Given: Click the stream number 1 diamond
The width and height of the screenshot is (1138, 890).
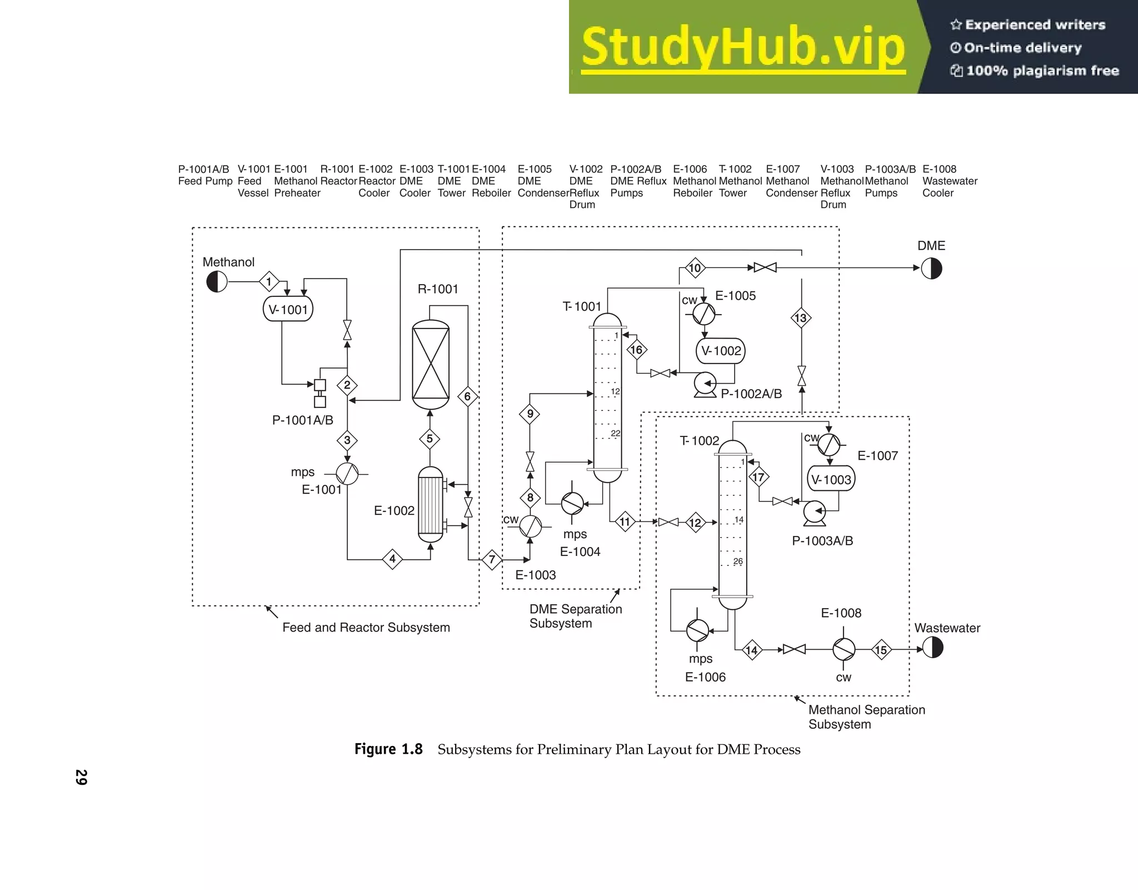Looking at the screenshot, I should (269, 282).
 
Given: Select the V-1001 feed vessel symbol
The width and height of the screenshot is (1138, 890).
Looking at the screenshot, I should (288, 309).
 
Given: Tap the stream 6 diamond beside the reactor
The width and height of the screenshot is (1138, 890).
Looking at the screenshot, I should (467, 396).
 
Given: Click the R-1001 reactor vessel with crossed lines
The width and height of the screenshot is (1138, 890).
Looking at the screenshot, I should (431, 364).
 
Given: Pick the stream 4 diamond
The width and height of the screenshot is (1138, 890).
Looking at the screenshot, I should (392, 559).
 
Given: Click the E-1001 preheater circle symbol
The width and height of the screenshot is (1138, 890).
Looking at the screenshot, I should (347, 474).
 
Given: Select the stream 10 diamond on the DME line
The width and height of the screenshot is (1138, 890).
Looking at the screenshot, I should (695, 268).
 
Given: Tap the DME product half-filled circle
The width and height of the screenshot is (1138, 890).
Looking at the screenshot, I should (931, 269).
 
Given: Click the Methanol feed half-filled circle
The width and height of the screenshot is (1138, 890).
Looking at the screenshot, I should (217, 282).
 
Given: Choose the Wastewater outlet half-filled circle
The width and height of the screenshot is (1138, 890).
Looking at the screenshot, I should (932, 648).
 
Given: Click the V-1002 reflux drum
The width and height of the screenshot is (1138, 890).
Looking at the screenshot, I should (720, 351).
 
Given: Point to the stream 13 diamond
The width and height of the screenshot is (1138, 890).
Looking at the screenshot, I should (801, 318).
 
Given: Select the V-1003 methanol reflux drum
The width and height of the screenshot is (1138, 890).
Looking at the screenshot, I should (831, 479).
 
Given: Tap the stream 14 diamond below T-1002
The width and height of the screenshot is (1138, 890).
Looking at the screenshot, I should (751, 650).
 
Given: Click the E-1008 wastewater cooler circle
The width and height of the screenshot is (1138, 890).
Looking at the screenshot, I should (843, 649).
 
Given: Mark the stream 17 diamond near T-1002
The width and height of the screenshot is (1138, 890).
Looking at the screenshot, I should (758, 477).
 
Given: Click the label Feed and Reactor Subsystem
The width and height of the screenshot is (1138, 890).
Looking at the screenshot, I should (366, 628).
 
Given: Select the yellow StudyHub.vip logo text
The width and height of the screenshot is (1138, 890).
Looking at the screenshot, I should (743, 47).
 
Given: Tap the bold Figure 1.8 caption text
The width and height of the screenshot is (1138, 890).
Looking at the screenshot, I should (388, 749).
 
